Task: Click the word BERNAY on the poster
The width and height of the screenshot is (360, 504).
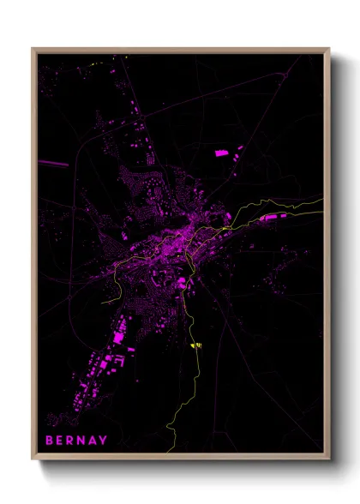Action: click(77, 441)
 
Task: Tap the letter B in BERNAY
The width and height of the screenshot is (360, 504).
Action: click(50, 441)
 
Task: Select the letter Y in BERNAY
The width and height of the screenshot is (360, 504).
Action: click(105, 441)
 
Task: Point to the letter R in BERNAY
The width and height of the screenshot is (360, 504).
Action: click(72, 441)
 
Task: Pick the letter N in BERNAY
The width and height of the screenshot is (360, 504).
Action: click(83, 441)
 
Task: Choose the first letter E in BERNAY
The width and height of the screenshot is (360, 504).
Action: click(61, 441)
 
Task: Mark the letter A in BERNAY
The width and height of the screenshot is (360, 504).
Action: click(93, 441)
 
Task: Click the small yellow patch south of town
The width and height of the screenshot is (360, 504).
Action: click(195, 345)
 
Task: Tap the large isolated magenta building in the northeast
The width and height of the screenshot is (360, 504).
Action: click(221, 153)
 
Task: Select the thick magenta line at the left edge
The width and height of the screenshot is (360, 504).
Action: click(53, 162)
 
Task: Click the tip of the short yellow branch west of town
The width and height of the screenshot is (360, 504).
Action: click(104, 303)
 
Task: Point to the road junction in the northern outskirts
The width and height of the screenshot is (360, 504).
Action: click(151, 159)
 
